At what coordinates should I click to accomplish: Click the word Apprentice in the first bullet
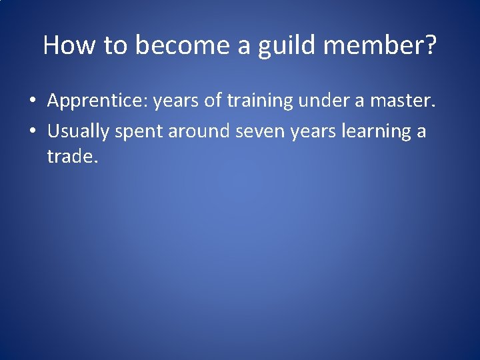pos(97,101)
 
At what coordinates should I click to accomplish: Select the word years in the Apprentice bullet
pos(175,101)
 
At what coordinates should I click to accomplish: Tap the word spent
pos(138,131)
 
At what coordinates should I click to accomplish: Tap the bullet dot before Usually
pos(32,131)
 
